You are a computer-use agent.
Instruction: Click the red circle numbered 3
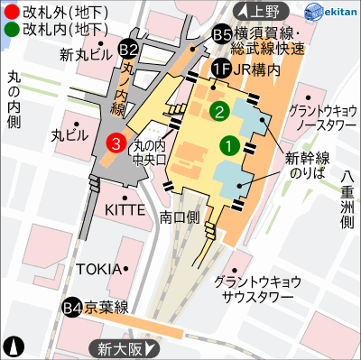pos(116,142)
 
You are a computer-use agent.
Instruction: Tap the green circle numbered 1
pos(229,143)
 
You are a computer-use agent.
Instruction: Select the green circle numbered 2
pos(218,111)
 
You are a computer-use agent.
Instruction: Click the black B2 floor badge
pos(129,48)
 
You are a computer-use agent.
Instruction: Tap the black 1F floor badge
pos(220,67)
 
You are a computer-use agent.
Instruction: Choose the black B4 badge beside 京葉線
pos(72,309)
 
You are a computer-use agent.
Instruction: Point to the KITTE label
pos(125,209)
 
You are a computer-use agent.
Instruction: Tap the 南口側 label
pos(179,217)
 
